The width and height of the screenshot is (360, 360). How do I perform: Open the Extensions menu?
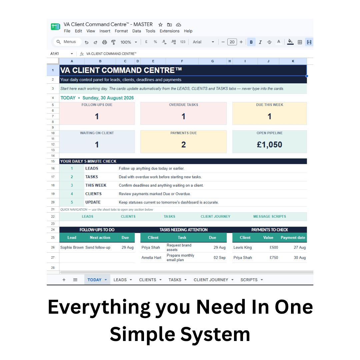pos(169,31)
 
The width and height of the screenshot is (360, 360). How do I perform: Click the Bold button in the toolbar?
pos(251,42)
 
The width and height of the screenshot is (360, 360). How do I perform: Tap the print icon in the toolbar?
pos(104,42)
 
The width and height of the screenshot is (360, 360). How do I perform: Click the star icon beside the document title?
pos(160,25)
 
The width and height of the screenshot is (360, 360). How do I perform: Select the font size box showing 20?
pos(232,42)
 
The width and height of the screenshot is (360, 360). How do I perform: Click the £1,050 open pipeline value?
pos(269,145)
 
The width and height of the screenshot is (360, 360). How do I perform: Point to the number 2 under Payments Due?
pos(183,145)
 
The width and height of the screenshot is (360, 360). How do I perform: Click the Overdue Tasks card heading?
pos(183,105)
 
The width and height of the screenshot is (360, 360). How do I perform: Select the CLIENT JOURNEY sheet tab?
pos(211,280)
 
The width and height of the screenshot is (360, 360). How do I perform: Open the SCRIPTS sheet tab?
pos(249,280)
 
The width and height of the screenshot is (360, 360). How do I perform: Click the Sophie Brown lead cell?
pos(72,247)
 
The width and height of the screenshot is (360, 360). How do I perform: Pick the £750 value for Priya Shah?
pos(274,258)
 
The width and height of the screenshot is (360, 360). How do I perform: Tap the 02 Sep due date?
pos(219,258)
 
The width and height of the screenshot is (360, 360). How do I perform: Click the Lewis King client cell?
pos(242,247)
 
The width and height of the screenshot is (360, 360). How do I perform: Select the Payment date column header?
pos(293,238)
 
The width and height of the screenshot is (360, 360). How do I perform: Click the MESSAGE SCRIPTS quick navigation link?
pos(270,217)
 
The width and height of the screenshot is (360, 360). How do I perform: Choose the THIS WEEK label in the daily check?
pos(96,185)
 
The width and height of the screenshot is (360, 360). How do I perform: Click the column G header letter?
pos(212,61)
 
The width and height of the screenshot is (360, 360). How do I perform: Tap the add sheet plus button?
pos(64,280)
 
